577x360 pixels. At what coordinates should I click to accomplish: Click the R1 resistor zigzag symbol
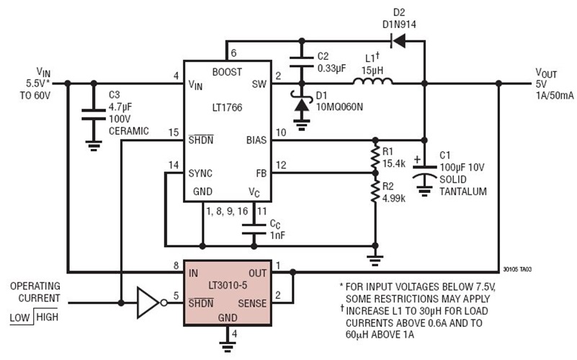tap(375, 156)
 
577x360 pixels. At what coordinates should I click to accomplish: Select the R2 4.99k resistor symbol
tap(375, 191)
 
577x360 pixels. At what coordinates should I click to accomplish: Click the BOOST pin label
tap(228, 72)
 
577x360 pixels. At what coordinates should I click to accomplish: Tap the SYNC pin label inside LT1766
tap(201, 174)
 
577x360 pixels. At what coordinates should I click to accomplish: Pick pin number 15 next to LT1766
tap(174, 132)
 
